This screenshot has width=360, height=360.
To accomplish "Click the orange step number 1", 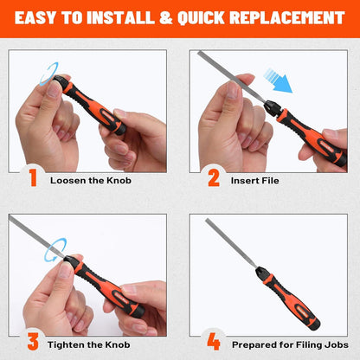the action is (33, 177).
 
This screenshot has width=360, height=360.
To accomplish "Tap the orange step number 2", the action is (214, 177).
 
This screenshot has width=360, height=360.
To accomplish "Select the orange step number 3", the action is (33, 342).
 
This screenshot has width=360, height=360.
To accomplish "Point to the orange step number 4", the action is (214, 342).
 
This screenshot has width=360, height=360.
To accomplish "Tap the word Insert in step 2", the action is (241, 181).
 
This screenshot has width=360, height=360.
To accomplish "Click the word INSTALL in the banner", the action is (121, 18).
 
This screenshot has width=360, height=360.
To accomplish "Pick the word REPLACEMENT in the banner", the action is (287, 18).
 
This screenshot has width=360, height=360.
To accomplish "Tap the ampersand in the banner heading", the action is (165, 18).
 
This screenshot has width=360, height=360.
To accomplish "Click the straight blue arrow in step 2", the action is (278, 80).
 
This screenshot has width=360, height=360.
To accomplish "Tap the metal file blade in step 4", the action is (230, 243).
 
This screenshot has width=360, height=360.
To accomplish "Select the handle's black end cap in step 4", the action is (314, 325).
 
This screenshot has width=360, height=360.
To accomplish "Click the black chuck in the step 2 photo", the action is (272, 107).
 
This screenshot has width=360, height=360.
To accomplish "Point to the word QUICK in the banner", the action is (201, 18).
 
